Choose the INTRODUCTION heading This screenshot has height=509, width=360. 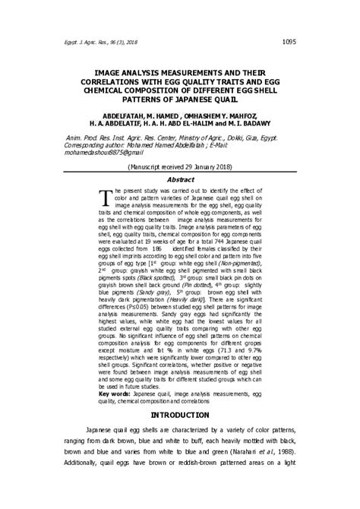click(180, 415)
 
